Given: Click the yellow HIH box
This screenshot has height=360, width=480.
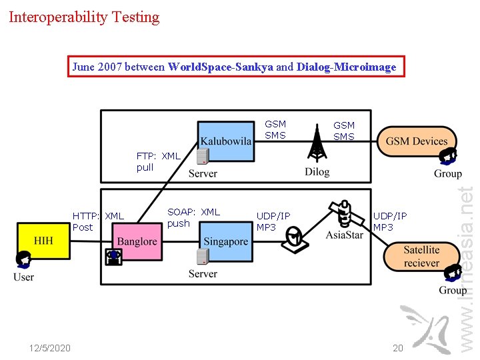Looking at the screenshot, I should click(x=43, y=241).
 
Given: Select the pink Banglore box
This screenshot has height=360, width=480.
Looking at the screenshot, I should click(x=137, y=241).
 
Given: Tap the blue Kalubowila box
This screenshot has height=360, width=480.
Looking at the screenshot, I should click(x=226, y=141).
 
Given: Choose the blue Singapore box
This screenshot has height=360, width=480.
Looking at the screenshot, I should click(x=225, y=241).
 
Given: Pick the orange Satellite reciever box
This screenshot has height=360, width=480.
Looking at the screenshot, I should click(x=421, y=256).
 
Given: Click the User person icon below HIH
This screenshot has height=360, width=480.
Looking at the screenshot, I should click(x=25, y=259).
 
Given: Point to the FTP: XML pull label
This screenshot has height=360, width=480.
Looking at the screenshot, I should click(x=158, y=161).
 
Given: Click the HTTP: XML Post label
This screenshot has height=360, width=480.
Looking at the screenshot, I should click(x=98, y=221).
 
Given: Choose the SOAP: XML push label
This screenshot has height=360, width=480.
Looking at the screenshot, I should click(x=193, y=217).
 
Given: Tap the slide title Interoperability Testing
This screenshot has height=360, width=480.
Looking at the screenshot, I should click(x=84, y=17).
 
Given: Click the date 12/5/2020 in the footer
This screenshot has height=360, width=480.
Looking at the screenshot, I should click(x=50, y=348).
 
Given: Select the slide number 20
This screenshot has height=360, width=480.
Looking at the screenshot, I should click(x=398, y=348).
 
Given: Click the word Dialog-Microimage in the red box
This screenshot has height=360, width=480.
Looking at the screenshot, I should click(x=346, y=67).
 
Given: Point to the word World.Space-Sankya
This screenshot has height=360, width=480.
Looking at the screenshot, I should click(x=221, y=67).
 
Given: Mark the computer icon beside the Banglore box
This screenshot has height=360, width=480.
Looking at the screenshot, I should click(x=114, y=257).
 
